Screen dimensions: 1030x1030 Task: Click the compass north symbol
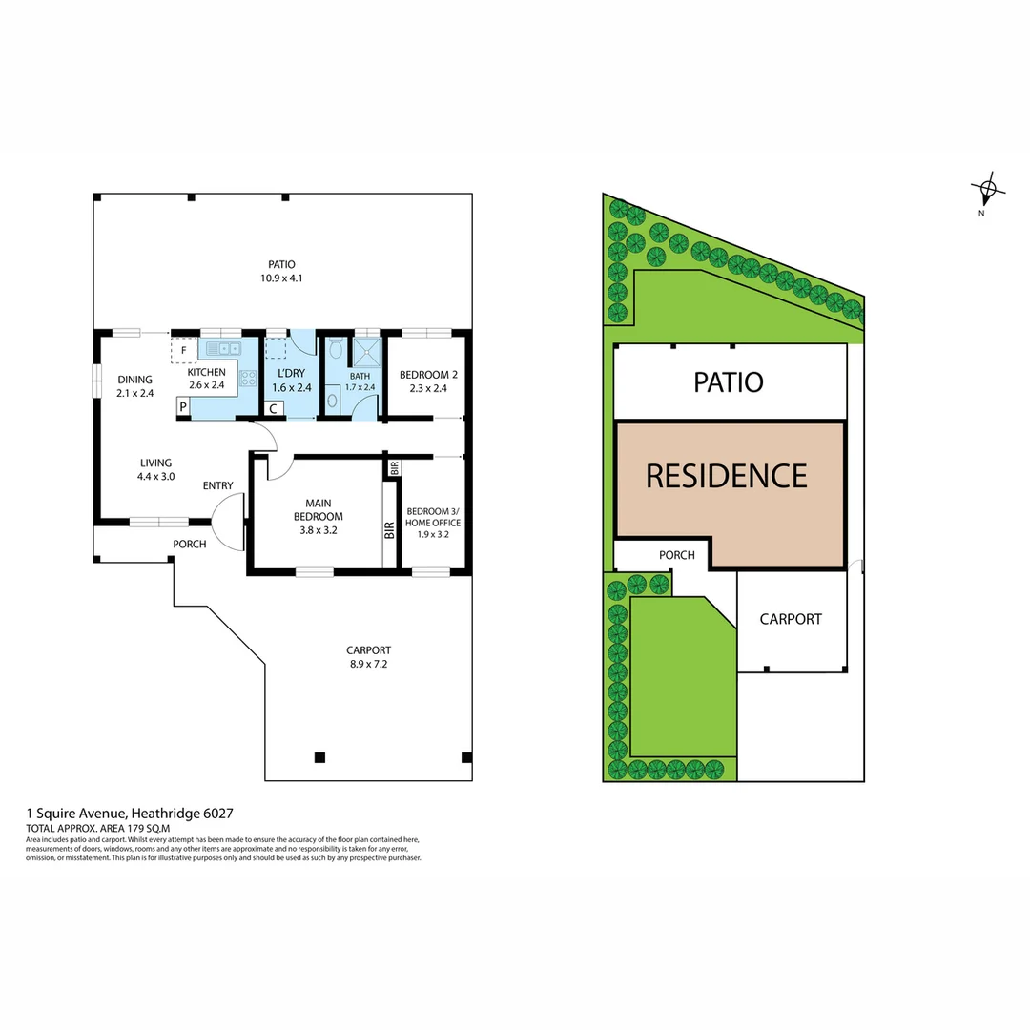pyautogui.click(x=987, y=189)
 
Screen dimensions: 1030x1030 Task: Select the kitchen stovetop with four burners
pyautogui.click(x=248, y=378)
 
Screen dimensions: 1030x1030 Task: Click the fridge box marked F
pyautogui.click(x=182, y=351)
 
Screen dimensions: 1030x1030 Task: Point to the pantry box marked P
pyautogui.click(x=182, y=407)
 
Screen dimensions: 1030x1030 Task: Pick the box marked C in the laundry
pyautogui.click(x=273, y=408)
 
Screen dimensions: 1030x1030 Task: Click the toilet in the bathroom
pyautogui.click(x=333, y=350)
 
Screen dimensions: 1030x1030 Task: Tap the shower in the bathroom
pyautogui.click(x=364, y=352)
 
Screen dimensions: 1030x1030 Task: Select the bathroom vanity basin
pyautogui.click(x=331, y=400)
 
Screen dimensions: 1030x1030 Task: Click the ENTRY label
pyautogui.click(x=217, y=486)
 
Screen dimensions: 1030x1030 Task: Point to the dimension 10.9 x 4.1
pyautogui.click(x=281, y=278)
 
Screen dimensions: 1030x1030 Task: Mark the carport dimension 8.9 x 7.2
pyautogui.click(x=368, y=664)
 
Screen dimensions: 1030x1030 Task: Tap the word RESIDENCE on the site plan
pyautogui.click(x=726, y=475)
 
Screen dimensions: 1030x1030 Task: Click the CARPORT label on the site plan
pyautogui.click(x=791, y=619)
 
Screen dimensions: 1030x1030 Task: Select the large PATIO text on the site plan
pyautogui.click(x=728, y=382)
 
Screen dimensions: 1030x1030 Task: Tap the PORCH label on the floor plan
pyautogui.click(x=189, y=545)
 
